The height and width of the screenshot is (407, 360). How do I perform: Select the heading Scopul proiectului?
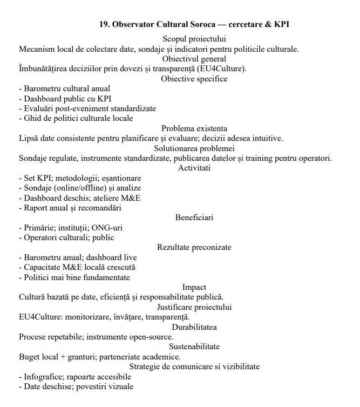coord(194,38)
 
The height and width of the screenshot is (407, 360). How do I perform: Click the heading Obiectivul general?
coord(194,58)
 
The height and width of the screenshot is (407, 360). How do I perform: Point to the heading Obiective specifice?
coord(194,79)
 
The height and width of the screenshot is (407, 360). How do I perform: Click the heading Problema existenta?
coord(194,128)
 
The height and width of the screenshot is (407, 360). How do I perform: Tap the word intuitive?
coord(265,138)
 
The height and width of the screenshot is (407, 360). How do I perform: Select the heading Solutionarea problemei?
coord(194,148)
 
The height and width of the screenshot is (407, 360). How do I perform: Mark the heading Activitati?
coord(194,168)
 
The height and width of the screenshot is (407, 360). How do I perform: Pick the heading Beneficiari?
coord(194,218)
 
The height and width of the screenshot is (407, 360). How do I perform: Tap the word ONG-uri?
coord(106,227)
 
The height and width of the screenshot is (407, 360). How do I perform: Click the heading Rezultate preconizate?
coord(194,247)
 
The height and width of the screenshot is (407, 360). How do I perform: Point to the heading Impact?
coord(194,287)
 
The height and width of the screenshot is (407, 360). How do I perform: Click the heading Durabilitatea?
coord(194,327)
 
